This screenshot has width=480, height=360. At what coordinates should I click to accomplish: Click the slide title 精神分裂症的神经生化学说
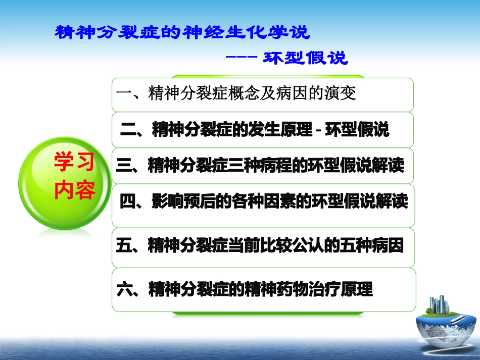181,33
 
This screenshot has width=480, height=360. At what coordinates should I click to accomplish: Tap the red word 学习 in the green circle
74,163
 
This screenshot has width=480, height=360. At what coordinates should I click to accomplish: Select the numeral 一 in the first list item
124,94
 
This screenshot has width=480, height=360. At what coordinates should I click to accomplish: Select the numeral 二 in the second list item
128,130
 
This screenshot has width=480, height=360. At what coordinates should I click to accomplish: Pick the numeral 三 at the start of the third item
124,166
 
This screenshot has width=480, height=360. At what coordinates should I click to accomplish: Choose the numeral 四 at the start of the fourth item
127,202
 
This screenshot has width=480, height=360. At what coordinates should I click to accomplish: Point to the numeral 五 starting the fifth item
124,247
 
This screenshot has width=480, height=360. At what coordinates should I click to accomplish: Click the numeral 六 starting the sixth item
124,290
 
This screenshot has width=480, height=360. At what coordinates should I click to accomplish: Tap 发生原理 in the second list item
280,130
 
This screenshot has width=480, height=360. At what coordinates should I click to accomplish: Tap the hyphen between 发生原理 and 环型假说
319,131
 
